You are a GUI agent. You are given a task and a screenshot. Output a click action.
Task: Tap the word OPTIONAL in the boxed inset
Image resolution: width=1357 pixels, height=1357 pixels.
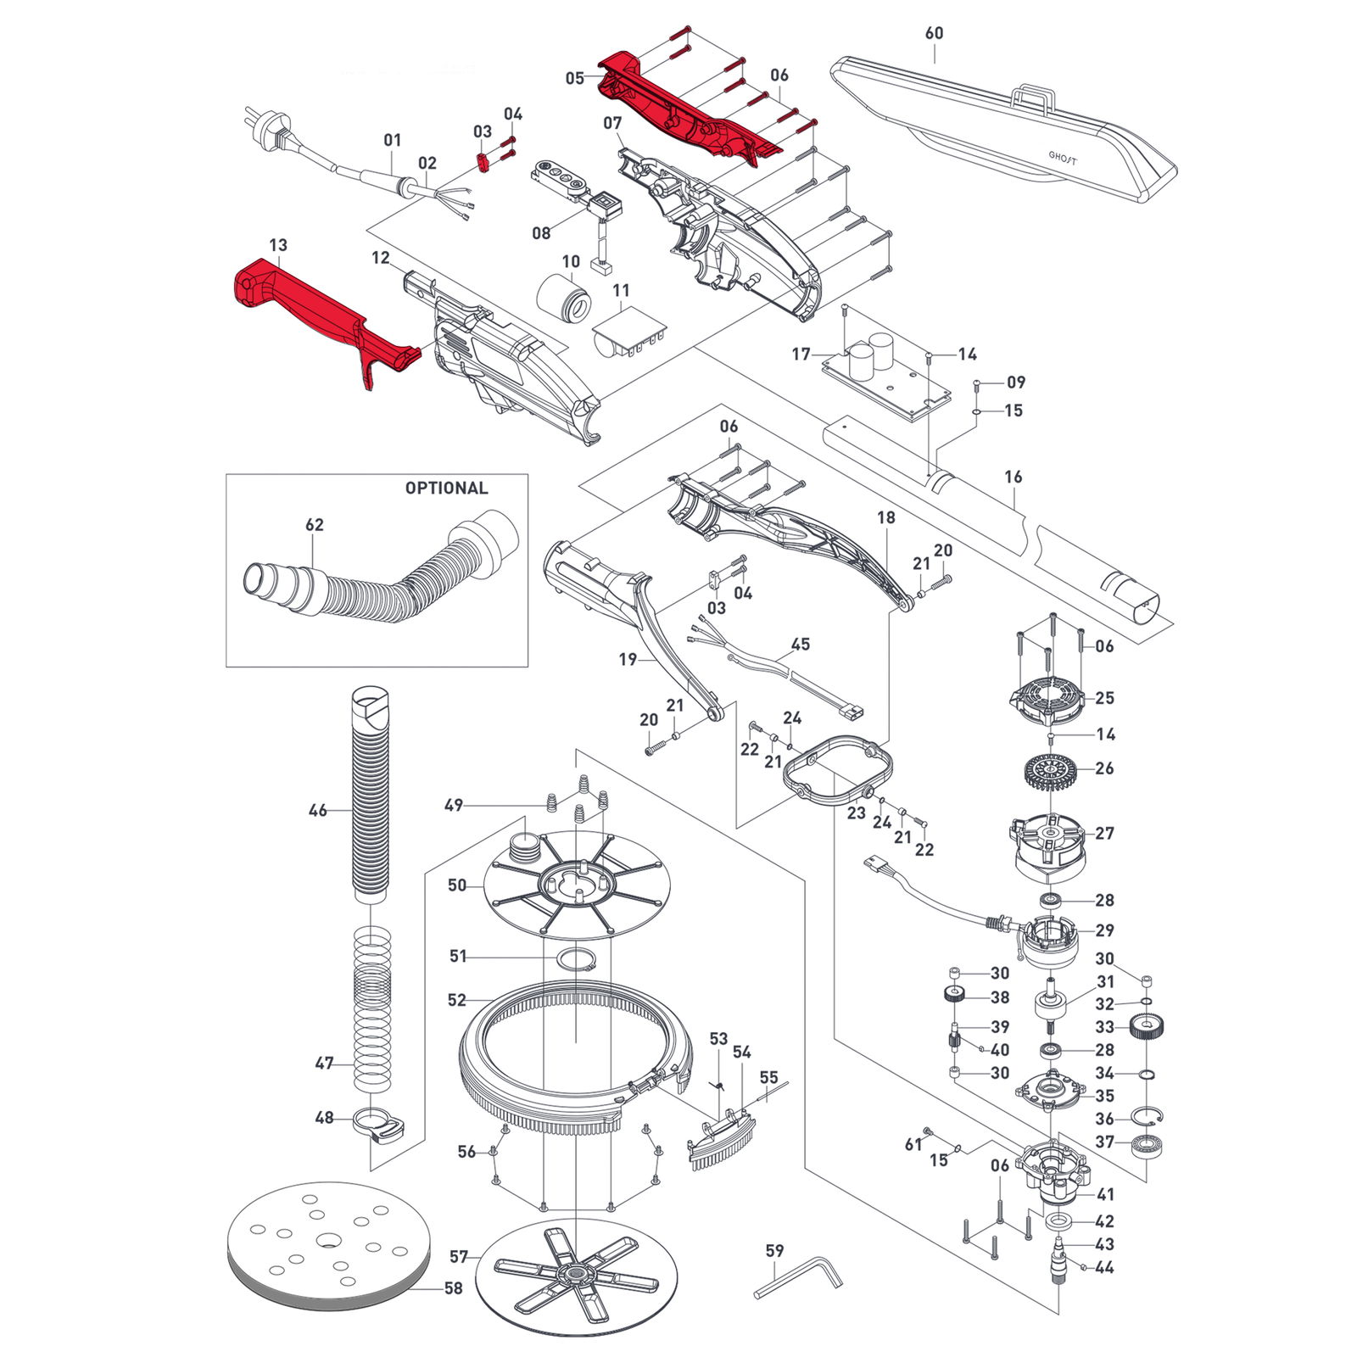pyautogui.click(x=446, y=489)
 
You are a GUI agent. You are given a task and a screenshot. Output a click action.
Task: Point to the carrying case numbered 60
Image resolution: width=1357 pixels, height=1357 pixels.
pyautogui.click(x=1001, y=127)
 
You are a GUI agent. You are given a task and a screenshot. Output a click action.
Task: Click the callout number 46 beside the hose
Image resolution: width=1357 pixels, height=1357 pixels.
pyautogui.click(x=317, y=811)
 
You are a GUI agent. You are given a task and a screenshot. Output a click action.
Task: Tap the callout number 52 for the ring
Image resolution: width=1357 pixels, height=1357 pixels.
pyautogui.click(x=457, y=1000)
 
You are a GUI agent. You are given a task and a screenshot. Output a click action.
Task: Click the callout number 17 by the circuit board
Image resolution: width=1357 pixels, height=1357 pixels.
pyautogui.click(x=801, y=354)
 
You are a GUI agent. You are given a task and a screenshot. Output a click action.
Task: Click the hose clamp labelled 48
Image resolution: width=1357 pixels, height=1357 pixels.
pyautogui.click(x=378, y=1126)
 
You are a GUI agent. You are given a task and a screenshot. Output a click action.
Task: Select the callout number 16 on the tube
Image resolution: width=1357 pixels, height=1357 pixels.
pyautogui.click(x=1014, y=477)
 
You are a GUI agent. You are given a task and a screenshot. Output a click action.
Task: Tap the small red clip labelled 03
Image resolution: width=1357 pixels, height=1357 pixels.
pyautogui.click(x=484, y=161)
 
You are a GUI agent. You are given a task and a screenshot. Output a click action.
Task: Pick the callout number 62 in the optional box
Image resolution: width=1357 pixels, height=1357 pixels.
pyautogui.click(x=315, y=525)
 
